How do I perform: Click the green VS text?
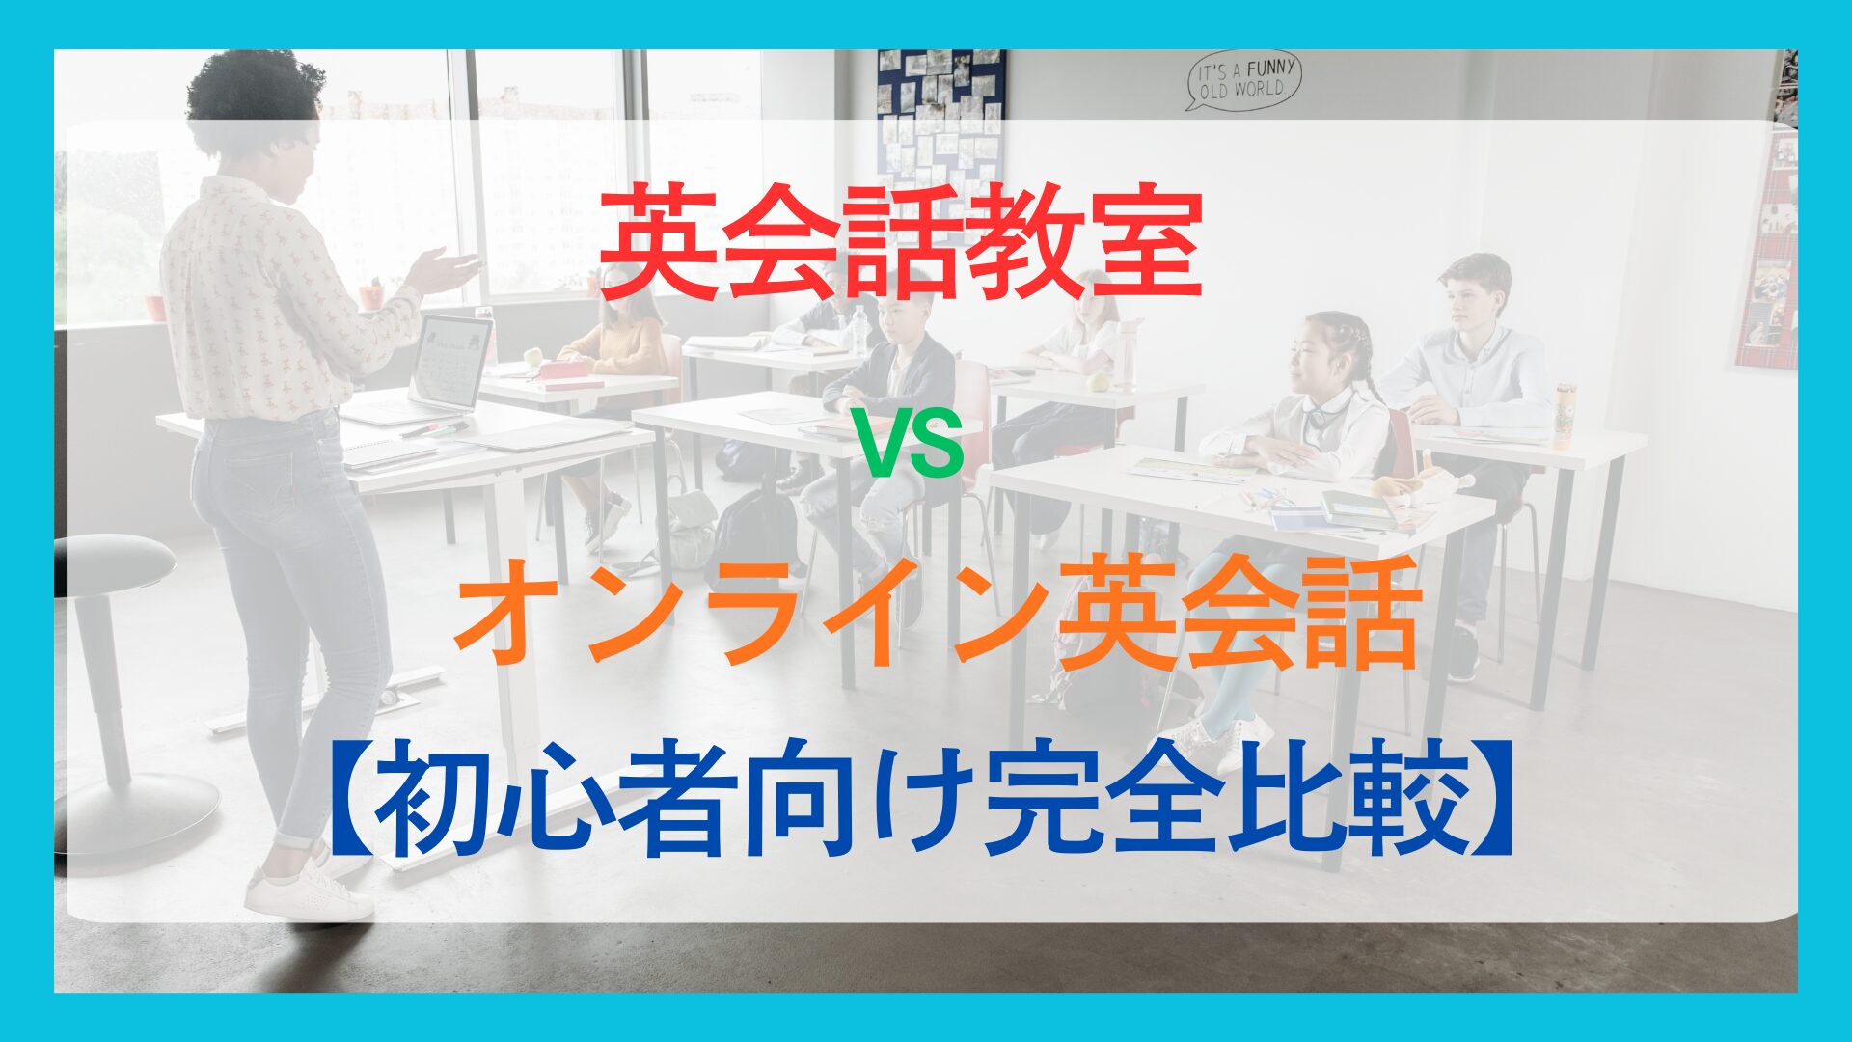[911, 447]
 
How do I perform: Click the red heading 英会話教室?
[901, 244]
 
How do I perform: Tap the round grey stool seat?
[113, 565]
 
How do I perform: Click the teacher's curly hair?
[253, 96]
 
